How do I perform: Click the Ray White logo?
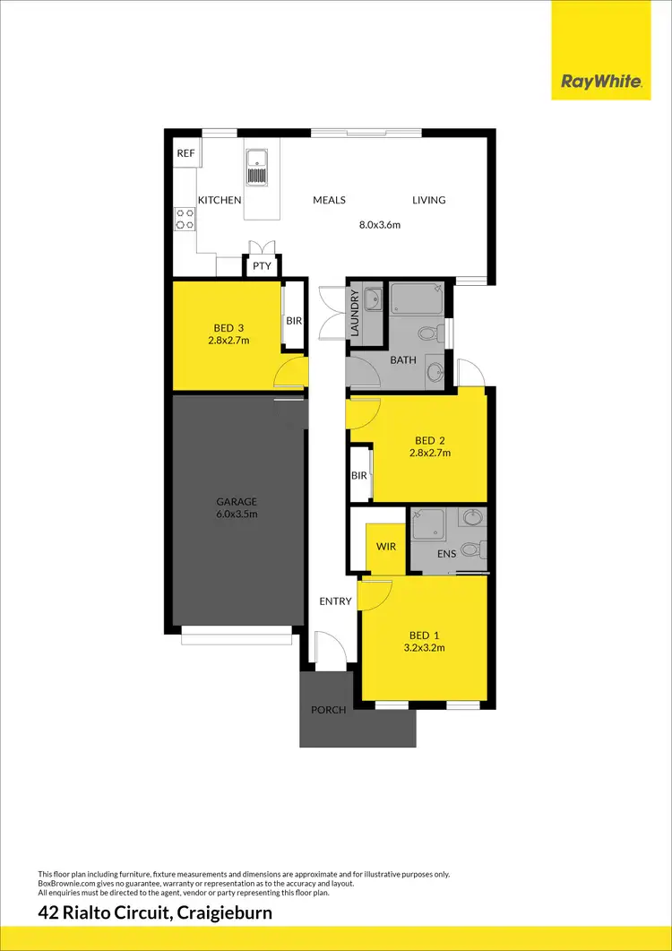(600, 82)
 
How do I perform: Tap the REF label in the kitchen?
(185, 153)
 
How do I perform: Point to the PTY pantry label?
(262, 266)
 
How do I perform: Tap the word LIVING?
(428, 200)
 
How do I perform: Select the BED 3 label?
(227, 328)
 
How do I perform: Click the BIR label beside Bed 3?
(294, 320)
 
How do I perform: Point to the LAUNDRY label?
(355, 313)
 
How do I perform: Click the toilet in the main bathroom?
(429, 333)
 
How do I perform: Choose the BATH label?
(402, 360)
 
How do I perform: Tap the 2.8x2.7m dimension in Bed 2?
(429, 453)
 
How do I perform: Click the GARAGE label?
(237, 502)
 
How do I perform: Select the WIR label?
(386, 545)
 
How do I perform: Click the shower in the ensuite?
(429, 524)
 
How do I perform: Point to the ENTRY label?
(335, 601)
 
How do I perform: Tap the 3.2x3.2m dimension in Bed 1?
(426, 647)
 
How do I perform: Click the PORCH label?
(328, 710)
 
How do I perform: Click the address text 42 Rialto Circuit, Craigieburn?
(155, 914)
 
